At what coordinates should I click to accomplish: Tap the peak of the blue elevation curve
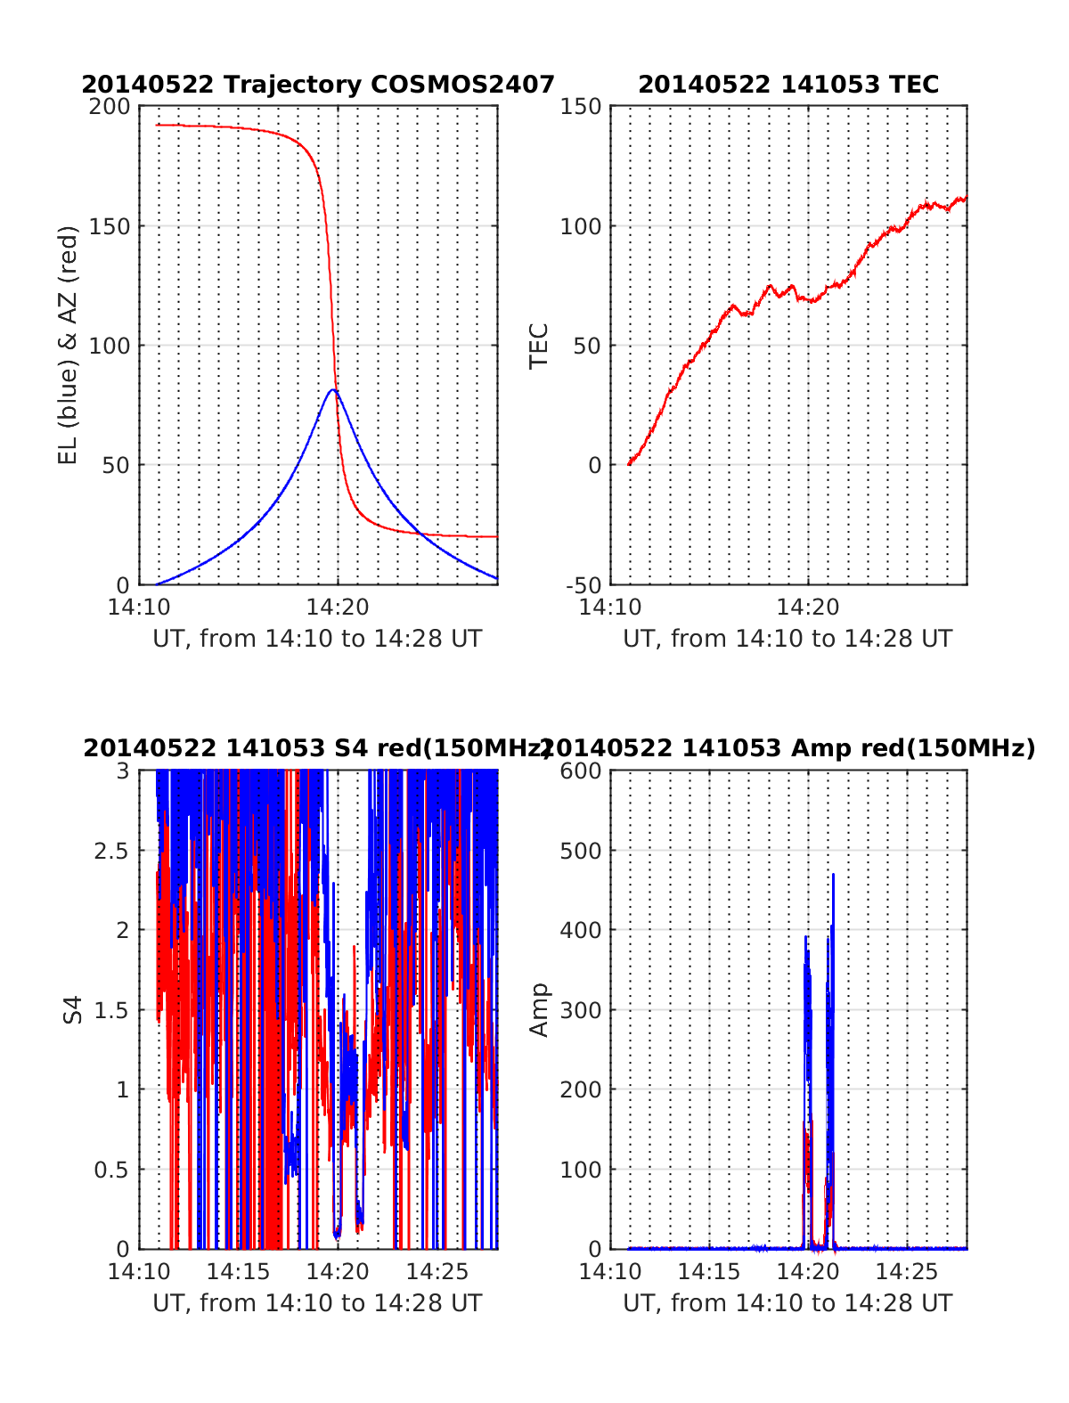click(x=332, y=390)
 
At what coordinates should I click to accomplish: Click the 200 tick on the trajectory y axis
click(x=110, y=107)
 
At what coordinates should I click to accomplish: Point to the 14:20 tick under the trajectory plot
click(x=338, y=608)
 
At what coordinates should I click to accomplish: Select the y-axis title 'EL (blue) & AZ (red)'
click(x=69, y=345)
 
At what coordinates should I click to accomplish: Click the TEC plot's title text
click(x=788, y=85)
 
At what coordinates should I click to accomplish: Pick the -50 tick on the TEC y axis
click(x=583, y=585)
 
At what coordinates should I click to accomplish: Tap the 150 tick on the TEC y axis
click(x=581, y=107)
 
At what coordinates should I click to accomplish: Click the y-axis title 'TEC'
click(x=539, y=346)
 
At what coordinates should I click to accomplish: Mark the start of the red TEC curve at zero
click(x=629, y=464)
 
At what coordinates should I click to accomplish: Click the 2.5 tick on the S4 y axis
click(x=111, y=851)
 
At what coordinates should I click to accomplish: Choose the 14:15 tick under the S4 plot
click(x=239, y=1271)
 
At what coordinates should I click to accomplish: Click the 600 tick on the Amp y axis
click(x=581, y=771)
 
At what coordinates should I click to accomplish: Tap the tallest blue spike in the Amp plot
click(x=833, y=875)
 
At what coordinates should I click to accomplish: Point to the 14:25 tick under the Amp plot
click(x=907, y=1271)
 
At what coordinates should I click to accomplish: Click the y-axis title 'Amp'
click(x=539, y=1009)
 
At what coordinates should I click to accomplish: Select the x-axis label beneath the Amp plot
click(x=787, y=1303)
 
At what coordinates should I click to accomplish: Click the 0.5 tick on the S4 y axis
click(x=111, y=1170)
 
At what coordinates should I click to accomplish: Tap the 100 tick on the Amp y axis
click(x=581, y=1170)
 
